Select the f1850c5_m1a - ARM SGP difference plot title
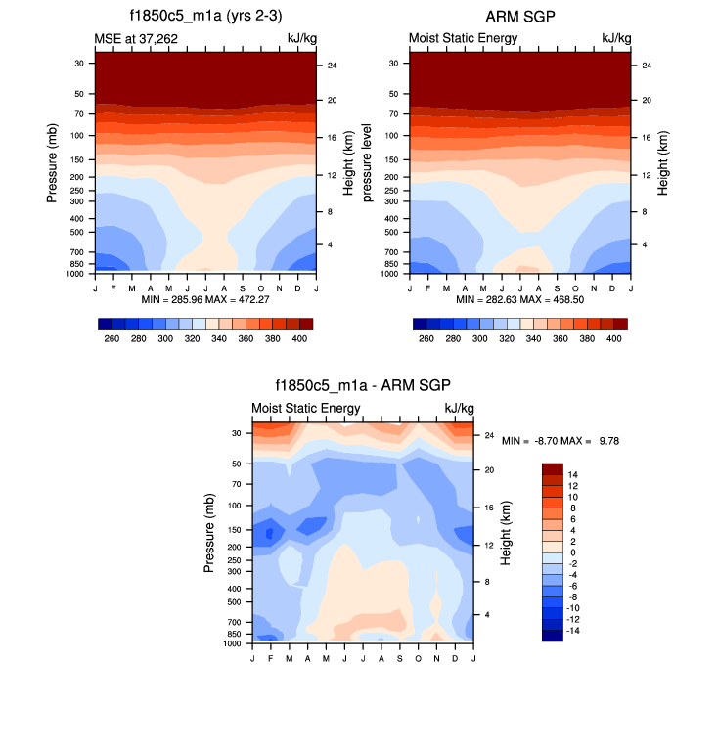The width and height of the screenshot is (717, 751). click(362, 387)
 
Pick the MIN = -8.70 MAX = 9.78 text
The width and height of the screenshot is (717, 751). click(560, 441)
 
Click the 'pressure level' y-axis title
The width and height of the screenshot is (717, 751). click(369, 162)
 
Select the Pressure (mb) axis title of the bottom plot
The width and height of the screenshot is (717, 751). click(210, 534)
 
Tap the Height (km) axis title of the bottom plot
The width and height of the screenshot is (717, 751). click(506, 533)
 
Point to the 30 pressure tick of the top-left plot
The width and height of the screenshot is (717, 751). click(77, 63)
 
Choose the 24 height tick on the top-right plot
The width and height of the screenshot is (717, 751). click(641, 66)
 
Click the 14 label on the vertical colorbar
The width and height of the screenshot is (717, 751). click(573, 473)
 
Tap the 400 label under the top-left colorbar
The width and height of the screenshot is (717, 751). click(300, 338)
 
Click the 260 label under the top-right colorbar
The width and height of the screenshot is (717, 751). click(426, 338)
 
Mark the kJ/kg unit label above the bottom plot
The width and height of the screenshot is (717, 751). click(460, 408)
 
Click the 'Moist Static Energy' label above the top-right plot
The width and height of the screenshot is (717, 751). click(463, 38)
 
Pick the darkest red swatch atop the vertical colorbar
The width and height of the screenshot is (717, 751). click(552, 468)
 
